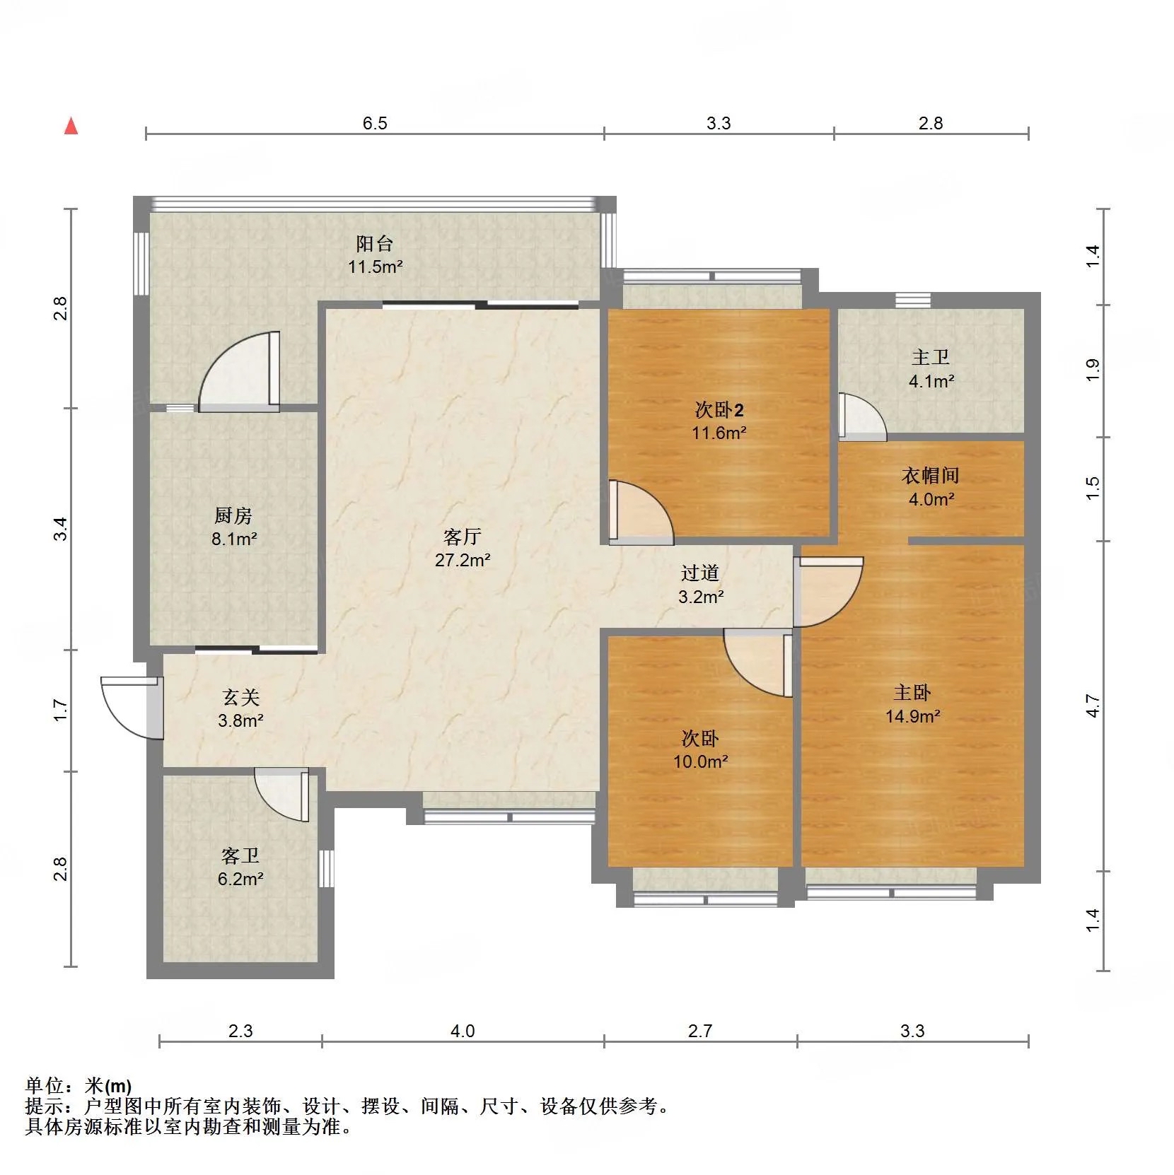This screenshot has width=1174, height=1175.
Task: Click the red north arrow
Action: pyautogui.click(x=71, y=126)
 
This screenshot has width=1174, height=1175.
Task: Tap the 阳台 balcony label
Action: pyautogui.click(x=375, y=244)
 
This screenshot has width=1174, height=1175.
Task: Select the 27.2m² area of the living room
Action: pyautogui.click(x=463, y=560)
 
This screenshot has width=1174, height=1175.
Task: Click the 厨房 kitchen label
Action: pyautogui.click(x=233, y=515)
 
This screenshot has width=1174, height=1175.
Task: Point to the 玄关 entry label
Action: pyautogui.click(x=241, y=697)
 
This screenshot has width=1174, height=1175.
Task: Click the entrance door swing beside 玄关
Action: pyautogui.click(x=132, y=708)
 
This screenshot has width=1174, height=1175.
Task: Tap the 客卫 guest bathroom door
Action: pyautogui.click(x=282, y=795)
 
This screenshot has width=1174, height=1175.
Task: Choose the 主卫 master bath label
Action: pyautogui.click(x=931, y=358)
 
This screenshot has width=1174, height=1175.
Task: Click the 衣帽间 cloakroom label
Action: pyautogui.click(x=931, y=475)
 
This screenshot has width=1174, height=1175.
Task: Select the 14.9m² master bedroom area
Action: pyautogui.click(x=913, y=716)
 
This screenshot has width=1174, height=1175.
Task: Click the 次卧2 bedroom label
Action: pyautogui.click(x=719, y=409)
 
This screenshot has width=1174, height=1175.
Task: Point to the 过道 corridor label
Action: pyautogui.click(x=700, y=573)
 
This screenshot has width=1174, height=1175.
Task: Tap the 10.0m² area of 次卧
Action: pyautogui.click(x=701, y=761)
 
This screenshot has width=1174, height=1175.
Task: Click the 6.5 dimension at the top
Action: pyautogui.click(x=375, y=123)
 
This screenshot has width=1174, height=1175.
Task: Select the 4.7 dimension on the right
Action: pyautogui.click(x=1093, y=706)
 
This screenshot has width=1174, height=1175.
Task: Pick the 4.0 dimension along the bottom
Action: pyautogui.click(x=463, y=1031)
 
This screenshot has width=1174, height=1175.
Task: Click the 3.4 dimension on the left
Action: pyautogui.click(x=62, y=529)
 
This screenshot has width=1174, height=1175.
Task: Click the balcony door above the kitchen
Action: pyautogui.click(x=239, y=372)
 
